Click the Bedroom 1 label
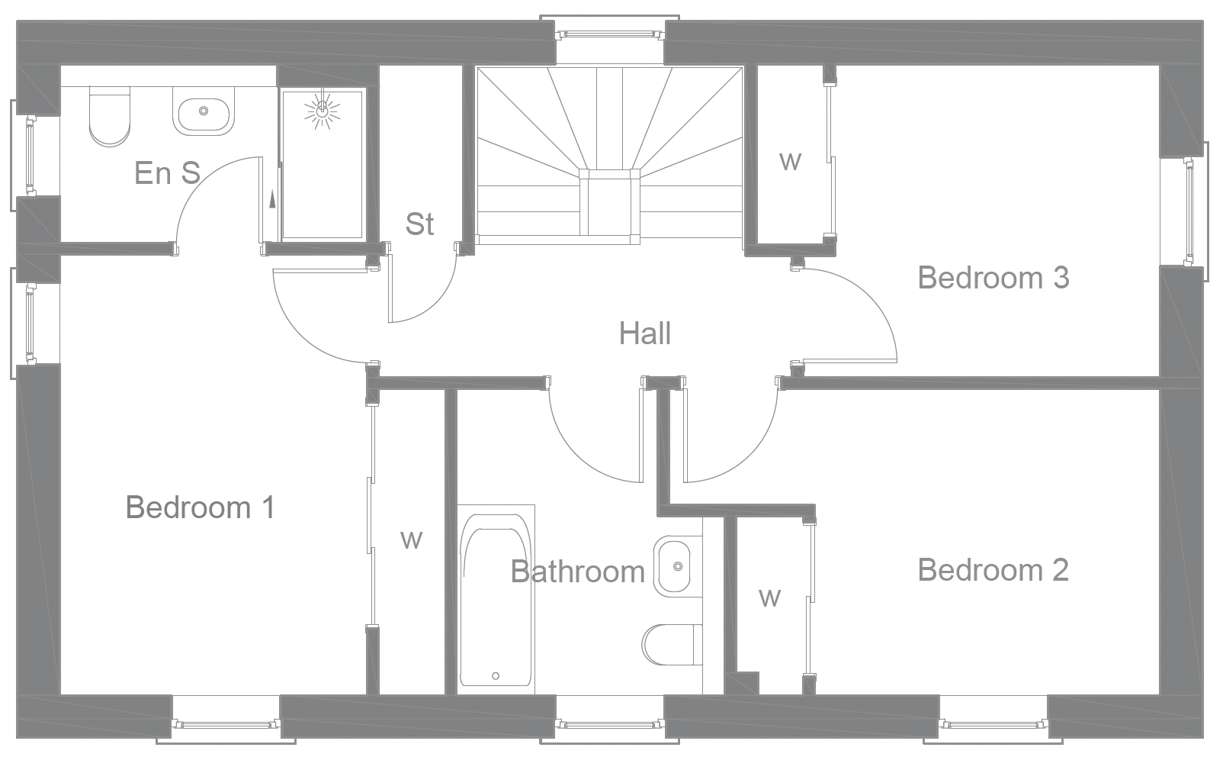point(200,507)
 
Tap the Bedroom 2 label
point(993,570)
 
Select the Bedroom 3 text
point(993,278)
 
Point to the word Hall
point(645,333)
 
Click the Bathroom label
point(578,572)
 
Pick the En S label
point(167,173)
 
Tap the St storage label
point(419,224)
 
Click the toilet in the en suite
point(110,116)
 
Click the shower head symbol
point(322,111)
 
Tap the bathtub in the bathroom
point(496,599)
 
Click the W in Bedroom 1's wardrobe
point(411,540)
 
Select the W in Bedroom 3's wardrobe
point(791,161)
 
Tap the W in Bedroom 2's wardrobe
point(770,597)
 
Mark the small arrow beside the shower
point(271,200)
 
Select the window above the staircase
point(608,34)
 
